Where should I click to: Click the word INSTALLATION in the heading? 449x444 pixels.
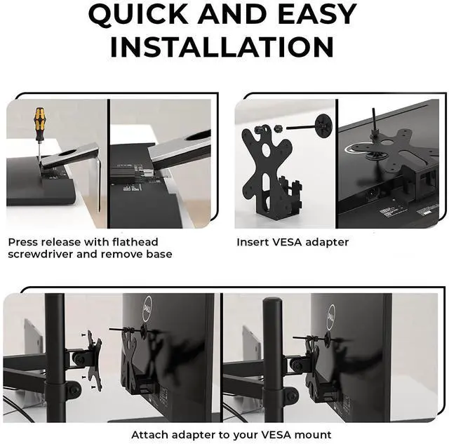point(222,47)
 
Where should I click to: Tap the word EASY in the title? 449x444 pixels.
point(317,14)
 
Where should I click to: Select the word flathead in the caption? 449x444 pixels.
point(135,242)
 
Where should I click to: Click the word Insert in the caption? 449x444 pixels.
point(253,242)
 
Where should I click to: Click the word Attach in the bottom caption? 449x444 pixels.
point(149,435)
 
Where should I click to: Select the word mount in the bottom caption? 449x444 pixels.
point(313,435)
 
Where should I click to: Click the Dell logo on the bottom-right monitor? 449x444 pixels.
point(331,316)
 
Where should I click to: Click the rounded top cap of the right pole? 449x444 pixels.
point(272,302)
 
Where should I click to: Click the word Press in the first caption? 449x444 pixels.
point(22,242)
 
